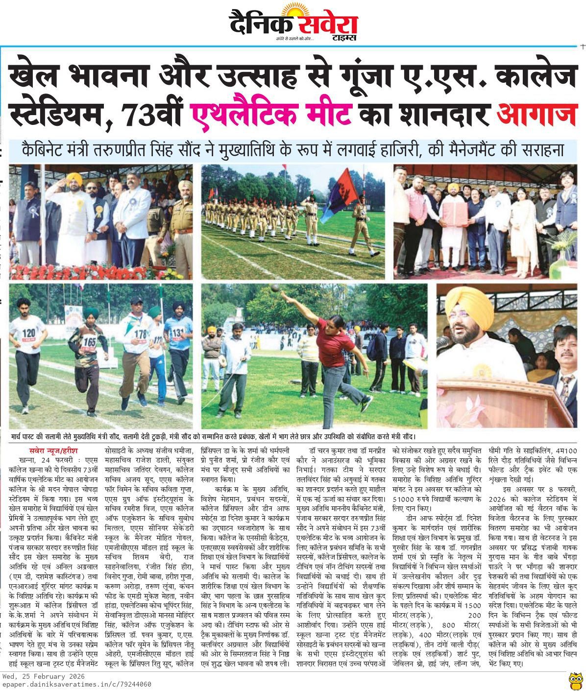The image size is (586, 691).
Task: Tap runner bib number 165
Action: [90, 341]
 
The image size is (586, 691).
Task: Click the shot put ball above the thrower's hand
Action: [275, 287]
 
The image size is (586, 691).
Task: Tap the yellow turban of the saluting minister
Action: [74, 178]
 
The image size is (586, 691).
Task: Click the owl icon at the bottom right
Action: [576, 680]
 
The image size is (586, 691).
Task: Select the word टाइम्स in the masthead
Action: [343, 38]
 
